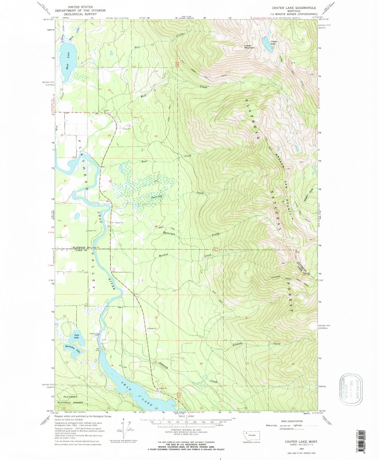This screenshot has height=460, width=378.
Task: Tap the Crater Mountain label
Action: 249,47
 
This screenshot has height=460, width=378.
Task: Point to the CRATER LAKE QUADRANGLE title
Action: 294,8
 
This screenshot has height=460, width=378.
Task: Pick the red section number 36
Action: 156,226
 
